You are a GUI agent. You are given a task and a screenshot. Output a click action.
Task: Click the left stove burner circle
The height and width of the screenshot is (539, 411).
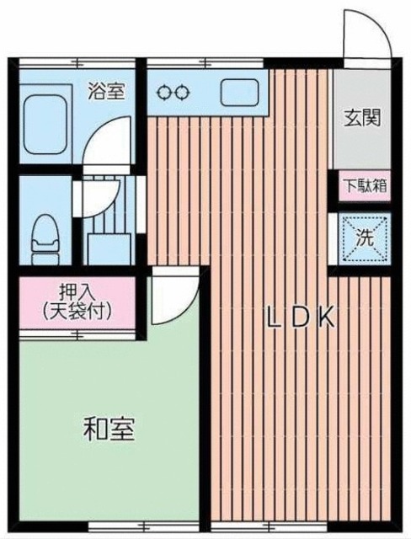tap(167, 92)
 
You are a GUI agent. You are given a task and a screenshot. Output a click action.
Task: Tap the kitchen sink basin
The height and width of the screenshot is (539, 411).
tap(240, 91)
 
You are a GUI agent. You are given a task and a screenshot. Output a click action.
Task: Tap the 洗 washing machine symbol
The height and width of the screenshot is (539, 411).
tap(364, 237)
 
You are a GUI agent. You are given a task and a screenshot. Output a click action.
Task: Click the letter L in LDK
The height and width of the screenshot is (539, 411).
tap(273, 318)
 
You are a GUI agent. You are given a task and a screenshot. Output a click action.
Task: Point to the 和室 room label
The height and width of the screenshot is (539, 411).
tap(109, 429)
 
